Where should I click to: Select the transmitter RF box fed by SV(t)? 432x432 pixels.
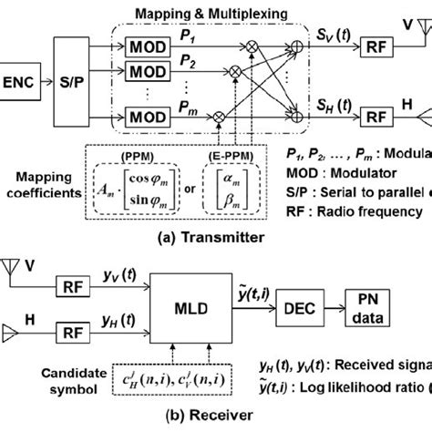(375, 45)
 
